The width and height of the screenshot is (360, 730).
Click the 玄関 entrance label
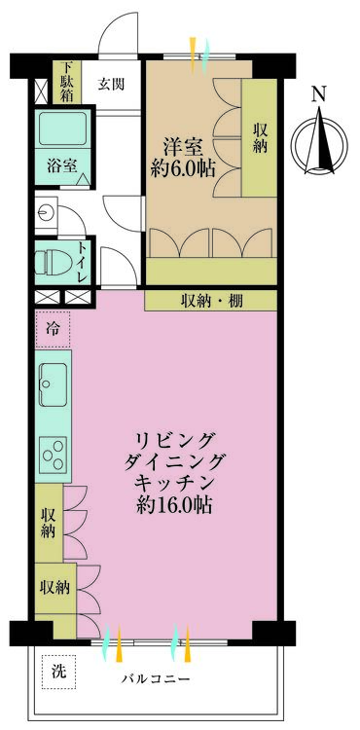110,84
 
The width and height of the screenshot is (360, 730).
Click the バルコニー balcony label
156,677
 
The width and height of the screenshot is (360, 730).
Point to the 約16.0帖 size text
175,507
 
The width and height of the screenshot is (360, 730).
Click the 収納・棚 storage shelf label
211,301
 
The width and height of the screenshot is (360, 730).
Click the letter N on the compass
318,94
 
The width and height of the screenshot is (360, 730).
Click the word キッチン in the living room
175,484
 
